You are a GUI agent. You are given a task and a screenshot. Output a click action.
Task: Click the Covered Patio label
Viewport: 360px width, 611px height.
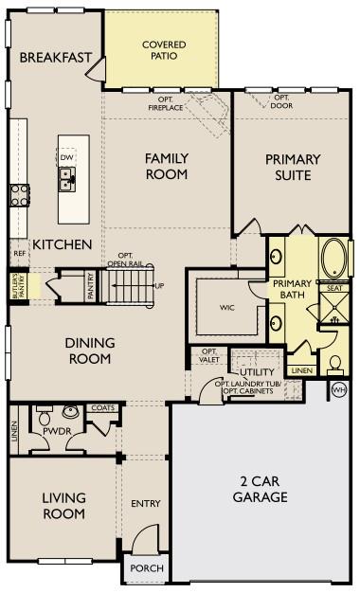coord(163,49)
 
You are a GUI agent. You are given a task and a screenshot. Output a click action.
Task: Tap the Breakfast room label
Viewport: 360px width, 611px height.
coord(56,58)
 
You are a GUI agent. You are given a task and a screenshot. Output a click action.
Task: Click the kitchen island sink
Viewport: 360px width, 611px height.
coord(66,174)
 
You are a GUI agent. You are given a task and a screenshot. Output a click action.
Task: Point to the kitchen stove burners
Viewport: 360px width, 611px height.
coord(19,195)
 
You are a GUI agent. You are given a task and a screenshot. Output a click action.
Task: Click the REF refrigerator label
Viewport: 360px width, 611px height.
coord(19,254)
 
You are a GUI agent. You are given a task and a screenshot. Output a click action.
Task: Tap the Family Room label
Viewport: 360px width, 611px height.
coord(166,166)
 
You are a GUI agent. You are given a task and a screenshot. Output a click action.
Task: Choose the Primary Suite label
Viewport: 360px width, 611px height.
coord(293,167)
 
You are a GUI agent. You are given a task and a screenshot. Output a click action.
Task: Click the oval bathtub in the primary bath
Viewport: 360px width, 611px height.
coord(333,257)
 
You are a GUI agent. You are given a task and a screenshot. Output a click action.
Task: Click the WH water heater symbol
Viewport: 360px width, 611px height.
coord(339,389)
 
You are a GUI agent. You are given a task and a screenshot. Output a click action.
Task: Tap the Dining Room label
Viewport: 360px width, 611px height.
coord(90,350)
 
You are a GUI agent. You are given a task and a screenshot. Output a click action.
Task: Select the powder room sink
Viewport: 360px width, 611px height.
coord(69,413)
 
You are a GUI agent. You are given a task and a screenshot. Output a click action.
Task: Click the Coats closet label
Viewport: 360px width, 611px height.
coord(102,408)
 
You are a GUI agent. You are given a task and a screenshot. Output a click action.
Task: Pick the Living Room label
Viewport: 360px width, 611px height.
coord(64,506)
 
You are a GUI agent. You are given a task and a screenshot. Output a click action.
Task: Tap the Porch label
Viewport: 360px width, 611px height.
coord(147,568)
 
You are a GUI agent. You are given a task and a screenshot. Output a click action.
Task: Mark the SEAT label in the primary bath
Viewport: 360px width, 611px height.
coord(333,287)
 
